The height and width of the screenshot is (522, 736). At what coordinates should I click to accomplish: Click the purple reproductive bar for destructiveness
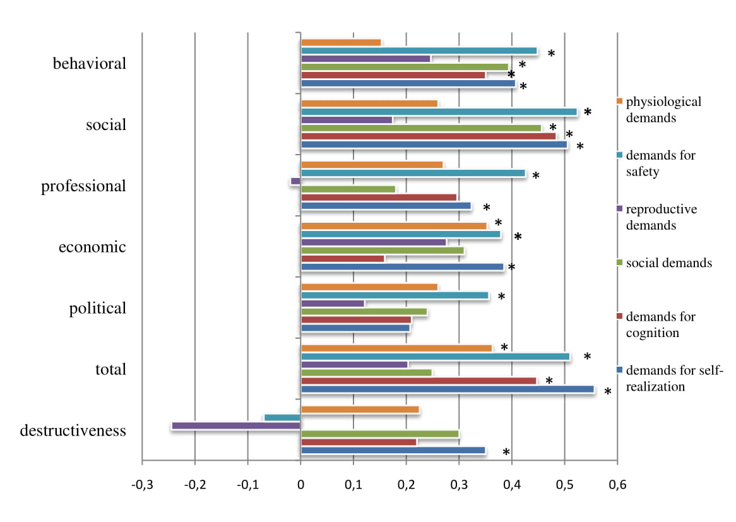pos(236,426)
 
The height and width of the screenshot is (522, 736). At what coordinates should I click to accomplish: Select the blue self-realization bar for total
pos(448,389)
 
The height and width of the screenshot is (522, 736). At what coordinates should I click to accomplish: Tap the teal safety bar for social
pos(439,112)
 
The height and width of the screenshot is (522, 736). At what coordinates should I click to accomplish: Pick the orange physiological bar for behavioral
pos(341,43)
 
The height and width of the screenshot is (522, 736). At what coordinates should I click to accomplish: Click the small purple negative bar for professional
pos(295,181)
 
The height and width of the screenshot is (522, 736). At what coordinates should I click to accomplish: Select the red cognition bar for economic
pos(342,259)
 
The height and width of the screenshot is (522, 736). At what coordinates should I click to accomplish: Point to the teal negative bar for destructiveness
pos(282,418)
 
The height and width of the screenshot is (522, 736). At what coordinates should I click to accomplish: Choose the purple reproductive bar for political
pos(333,304)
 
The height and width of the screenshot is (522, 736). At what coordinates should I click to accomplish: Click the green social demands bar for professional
pos(348,189)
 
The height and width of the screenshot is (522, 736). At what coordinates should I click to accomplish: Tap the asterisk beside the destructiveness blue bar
pos(506,453)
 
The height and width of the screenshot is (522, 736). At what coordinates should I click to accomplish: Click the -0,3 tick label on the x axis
pos(141,485)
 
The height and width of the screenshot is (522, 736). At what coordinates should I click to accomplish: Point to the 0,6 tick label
pos(617,485)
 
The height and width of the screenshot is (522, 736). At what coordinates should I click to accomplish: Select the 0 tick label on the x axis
pos(300,485)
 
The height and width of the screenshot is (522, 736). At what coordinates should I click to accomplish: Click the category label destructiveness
pos(73,431)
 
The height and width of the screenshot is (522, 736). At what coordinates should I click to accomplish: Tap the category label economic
pos(92,247)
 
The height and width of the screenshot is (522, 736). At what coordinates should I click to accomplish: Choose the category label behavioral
pos(90,64)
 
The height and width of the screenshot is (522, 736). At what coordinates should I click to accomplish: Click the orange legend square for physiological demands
pos(620,101)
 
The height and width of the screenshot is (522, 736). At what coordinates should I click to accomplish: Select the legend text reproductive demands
pos(661,217)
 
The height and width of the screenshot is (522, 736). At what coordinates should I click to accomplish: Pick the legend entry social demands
pos(668,263)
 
